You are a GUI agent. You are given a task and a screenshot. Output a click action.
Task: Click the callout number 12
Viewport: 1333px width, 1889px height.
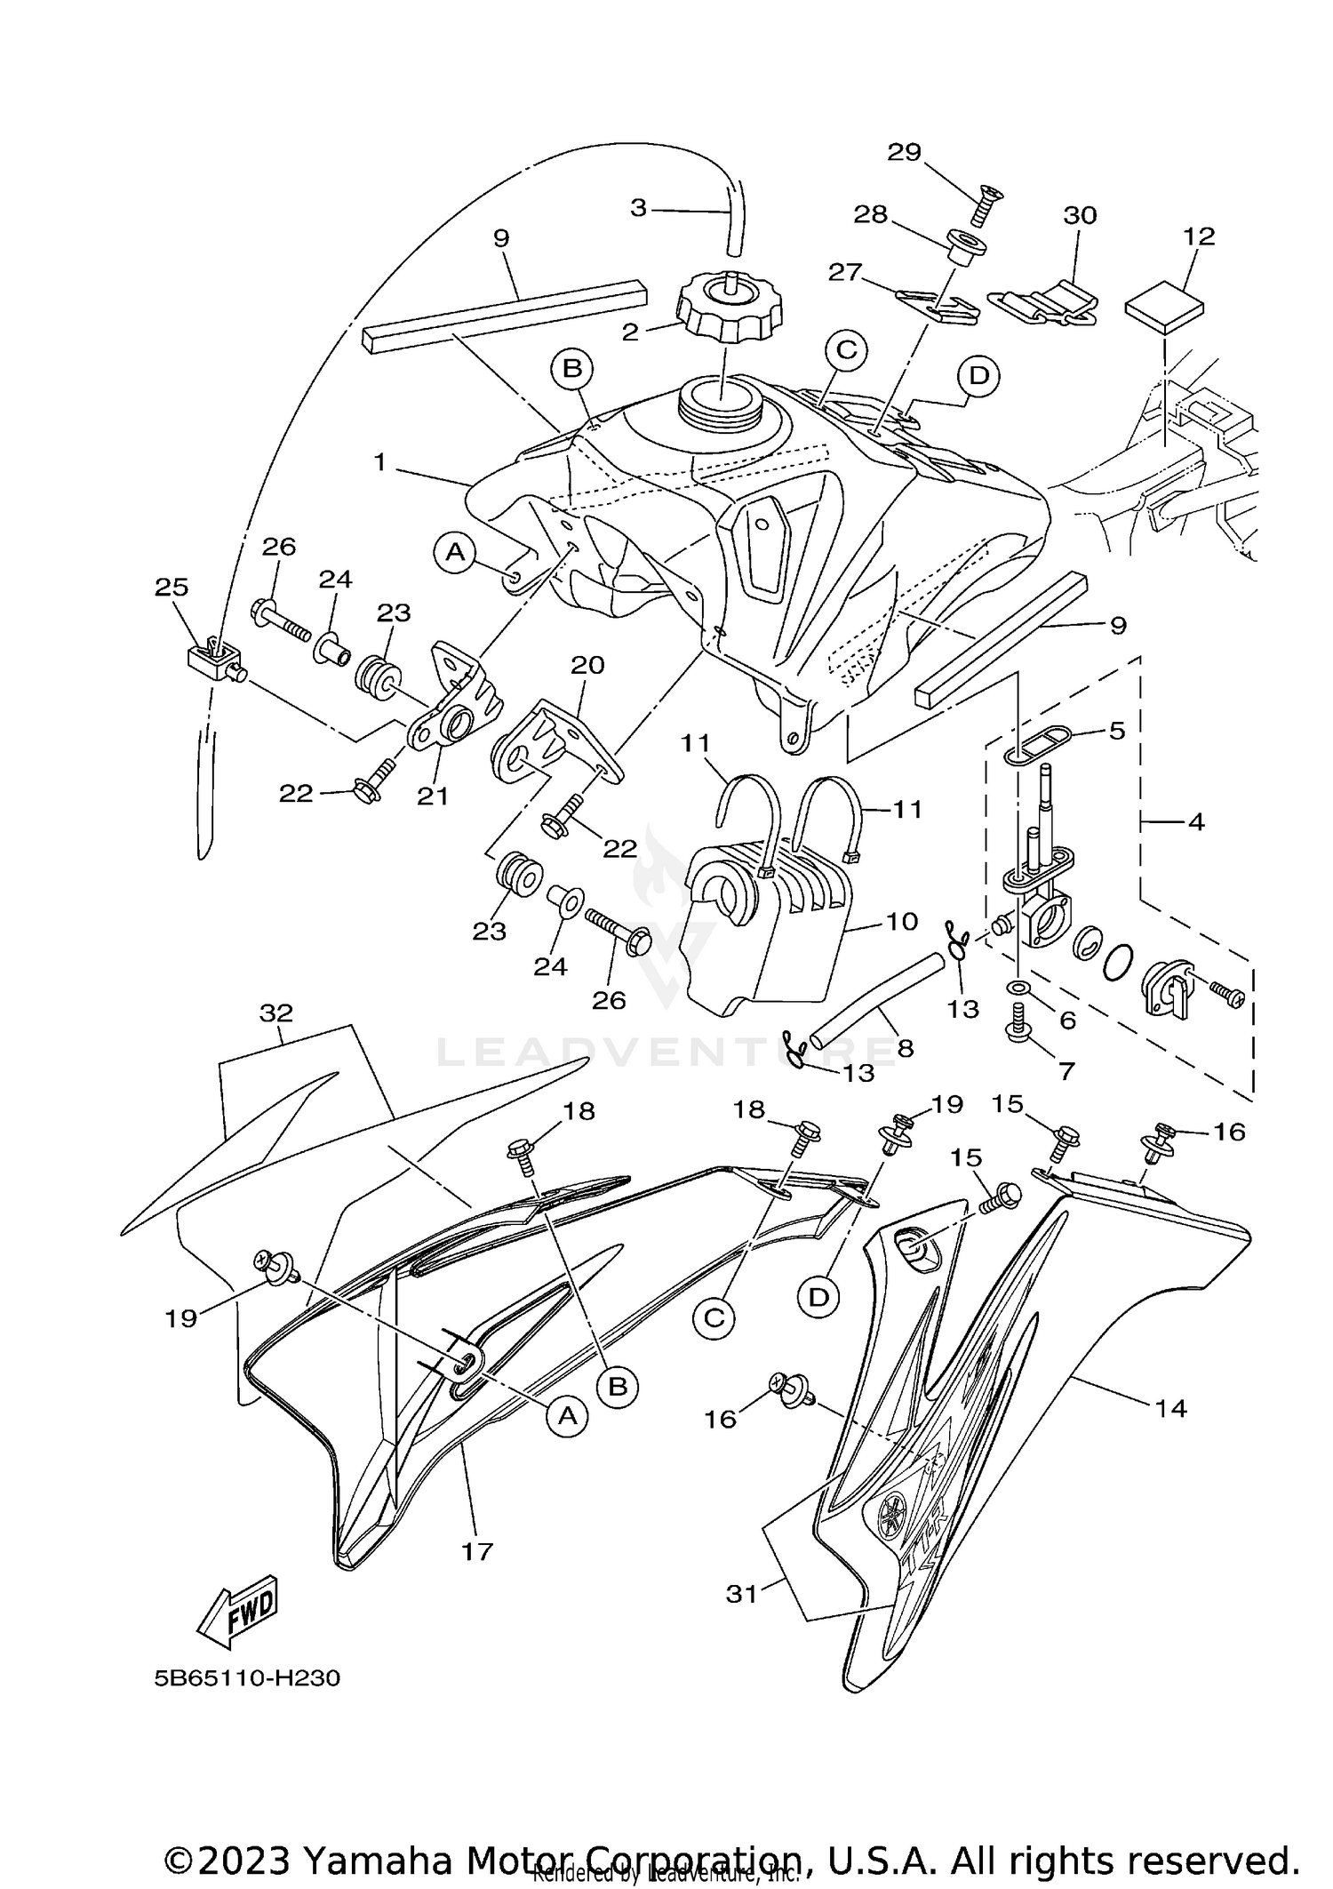coord(1199,236)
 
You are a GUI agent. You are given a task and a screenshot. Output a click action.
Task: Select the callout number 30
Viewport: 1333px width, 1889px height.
coord(1080,215)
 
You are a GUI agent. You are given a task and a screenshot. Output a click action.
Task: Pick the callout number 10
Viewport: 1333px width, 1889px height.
coord(902,921)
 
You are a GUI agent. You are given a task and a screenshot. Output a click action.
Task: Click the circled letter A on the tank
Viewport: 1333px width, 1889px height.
coord(455,553)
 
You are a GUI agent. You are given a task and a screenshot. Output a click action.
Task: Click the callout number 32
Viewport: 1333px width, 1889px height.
coord(276,1013)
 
